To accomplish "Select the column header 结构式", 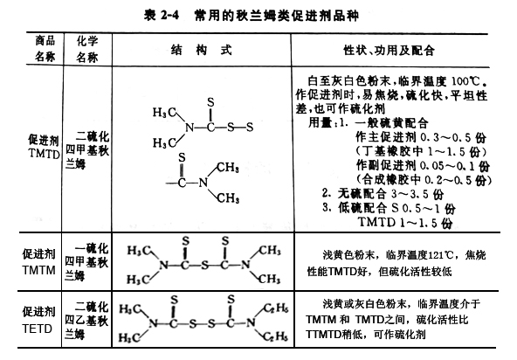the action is [202, 50].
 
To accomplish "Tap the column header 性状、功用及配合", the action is [389, 50].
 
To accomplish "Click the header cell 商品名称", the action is [45, 49].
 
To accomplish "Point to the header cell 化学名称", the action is [87, 49].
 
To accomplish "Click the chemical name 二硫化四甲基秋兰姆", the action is [87, 150].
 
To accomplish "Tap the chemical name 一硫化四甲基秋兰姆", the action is [86, 262].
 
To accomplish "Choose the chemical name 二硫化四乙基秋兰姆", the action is [86, 320].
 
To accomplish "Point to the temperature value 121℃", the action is [440, 255].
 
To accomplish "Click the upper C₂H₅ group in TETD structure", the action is [276, 308].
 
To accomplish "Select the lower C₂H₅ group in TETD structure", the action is [276, 336].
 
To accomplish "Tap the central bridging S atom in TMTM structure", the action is [205, 265].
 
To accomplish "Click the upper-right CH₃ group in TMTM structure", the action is [270, 250].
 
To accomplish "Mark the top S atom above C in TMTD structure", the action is [210, 102].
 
